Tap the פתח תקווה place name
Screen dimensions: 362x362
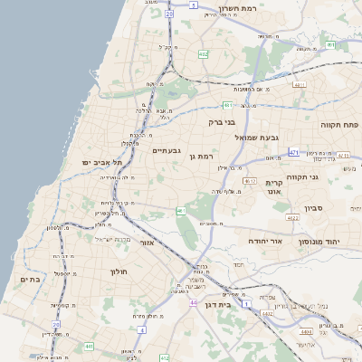coord(339,123)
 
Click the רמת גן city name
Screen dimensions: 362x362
coord(201,157)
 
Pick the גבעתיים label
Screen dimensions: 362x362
coord(167,150)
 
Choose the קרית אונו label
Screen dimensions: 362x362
coord(274,186)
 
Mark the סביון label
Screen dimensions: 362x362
coord(327,208)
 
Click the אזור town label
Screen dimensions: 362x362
coord(148,243)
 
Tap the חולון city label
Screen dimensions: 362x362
coord(118,271)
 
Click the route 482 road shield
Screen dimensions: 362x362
coord(204,54)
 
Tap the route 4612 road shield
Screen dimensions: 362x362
coord(251,180)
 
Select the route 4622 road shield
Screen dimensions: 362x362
coord(292,218)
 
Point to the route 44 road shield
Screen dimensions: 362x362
coord(193,302)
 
